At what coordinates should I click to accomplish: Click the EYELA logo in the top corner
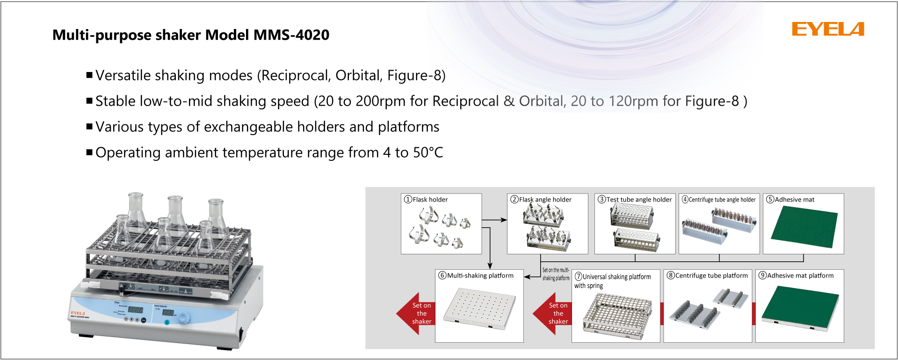click(x=827, y=29)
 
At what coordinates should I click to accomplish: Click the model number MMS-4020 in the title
click(x=291, y=35)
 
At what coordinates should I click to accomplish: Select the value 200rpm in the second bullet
click(x=380, y=101)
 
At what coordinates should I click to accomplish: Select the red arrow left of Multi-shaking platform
click(x=415, y=313)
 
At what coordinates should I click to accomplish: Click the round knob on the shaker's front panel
click(x=184, y=317)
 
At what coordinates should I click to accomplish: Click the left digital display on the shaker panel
click(x=135, y=310)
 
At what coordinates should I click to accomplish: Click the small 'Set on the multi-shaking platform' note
click(x=556, y=274)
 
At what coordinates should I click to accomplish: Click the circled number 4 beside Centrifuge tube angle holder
click(x=685, y=200)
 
